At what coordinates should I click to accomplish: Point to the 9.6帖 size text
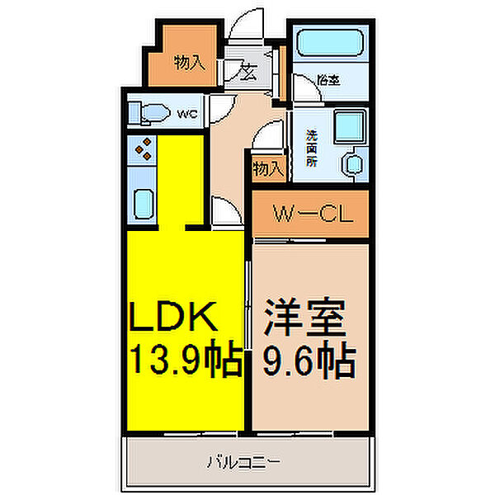(309, 360)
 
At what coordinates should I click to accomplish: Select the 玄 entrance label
(247, 72)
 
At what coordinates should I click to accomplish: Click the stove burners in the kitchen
(142, 148)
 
